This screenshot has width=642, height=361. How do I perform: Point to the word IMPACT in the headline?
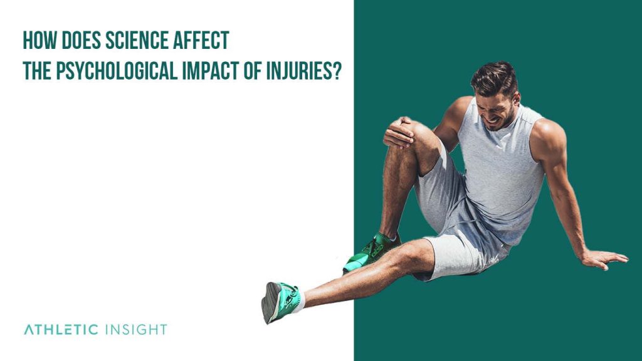pos(213,71)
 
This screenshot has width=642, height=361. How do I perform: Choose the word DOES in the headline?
pos(78,41)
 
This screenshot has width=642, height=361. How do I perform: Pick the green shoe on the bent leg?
pos(369,251)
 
